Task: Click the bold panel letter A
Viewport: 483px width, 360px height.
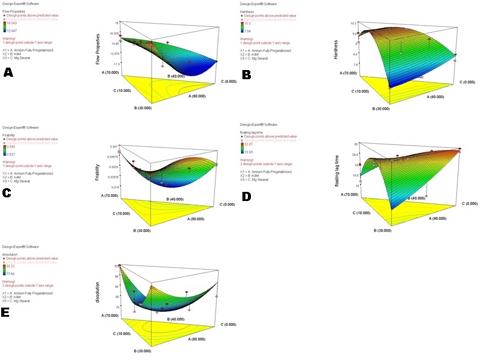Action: tap(9, 72)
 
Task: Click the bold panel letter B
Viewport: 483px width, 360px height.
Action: tap(247, 74)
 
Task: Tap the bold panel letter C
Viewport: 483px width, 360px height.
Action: tap(7, 193)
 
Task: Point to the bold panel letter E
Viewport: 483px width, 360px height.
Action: tap(7, 312)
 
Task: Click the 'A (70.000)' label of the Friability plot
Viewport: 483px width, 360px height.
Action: tap(108, 195)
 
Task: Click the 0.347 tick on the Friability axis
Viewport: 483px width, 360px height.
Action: tap(113, 147)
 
